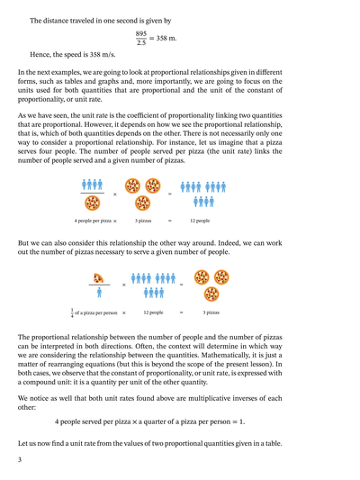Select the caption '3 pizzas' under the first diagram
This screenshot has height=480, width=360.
pyautogui.click(x=144, y=220)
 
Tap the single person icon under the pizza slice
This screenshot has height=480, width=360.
pyautogui.click(x=96, y=292)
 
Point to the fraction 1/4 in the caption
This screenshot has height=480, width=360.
pyautogui.click(x=73, y=312)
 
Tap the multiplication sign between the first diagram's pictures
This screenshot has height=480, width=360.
pyautogui.click(x=115, y=194)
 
